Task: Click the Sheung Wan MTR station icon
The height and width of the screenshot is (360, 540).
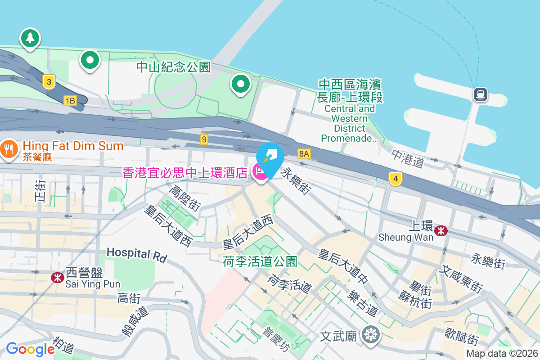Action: pyautogui.click(x=441, y=231)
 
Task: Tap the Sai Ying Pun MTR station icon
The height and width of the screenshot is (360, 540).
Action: pyautogui.click(x=57, y=277)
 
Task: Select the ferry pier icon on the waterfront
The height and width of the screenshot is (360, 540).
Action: pyautogui.click(x=481, y=94)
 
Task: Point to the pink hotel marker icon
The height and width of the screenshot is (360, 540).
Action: pyautogui.click(x=260, y=171)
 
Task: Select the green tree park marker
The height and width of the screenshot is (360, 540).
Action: pyautogui.click(x=30, y=38)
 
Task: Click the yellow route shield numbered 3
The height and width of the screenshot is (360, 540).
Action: pyautogui.click(x=49, y=82)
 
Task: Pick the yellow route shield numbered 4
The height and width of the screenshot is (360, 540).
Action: pyautogui.click(x=395, y=179)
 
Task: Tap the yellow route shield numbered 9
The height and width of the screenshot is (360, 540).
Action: pyautogui.click(x=204, y=139)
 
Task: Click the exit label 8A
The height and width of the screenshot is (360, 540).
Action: pyautogui.click(x=304, y=154)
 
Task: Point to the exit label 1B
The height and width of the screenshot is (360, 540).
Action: pyautogui.click(x=70, y=100)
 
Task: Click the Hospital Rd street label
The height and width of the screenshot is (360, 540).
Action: pyautogui.click(x=137, y=254)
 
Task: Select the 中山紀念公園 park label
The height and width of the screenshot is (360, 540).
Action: pyautogui.click(x=173, y=67)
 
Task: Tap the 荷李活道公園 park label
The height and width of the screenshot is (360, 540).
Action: pyautogui.click(x=260, y=261)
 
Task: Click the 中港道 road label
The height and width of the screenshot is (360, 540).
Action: pyautogui.click(x=408, y=158)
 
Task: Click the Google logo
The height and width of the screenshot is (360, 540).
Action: pyautogui.click(x=30, y=349)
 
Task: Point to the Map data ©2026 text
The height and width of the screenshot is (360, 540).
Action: pyautogui.click(x=502, y=354)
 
